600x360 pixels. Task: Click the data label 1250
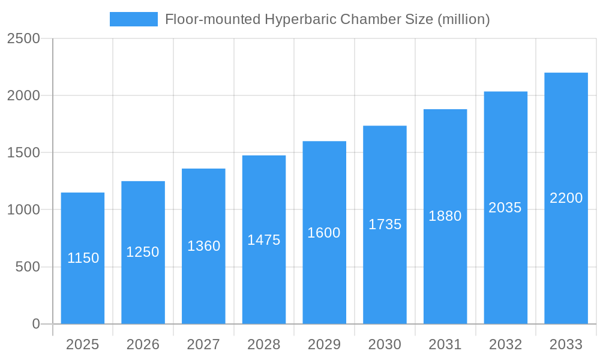tap(143, 252)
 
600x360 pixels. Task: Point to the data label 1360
tap(204, 246)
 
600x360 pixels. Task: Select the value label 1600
tap(324, 233)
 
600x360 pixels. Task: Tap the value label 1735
tap(385, 224)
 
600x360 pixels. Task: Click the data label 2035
tap(505, 208)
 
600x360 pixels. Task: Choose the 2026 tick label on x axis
tap(143, 344)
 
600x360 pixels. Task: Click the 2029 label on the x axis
tap(324, 344)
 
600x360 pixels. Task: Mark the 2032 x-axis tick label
tap(505, 344)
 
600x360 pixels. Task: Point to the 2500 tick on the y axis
tap(23, 38)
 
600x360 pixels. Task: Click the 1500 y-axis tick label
tap(23, 152)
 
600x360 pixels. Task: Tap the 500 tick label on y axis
tap(28, 266)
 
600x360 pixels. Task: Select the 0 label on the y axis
tap(35, 324)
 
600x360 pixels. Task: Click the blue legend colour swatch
tap(133, 19)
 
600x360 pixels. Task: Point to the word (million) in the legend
tap(464, 19)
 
